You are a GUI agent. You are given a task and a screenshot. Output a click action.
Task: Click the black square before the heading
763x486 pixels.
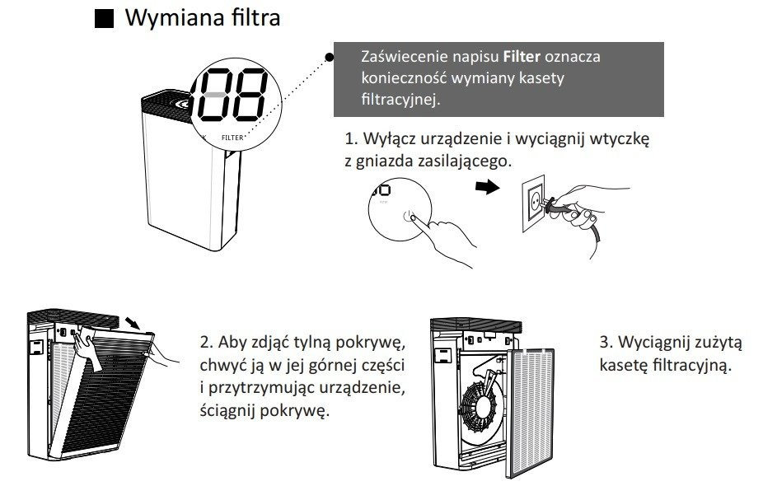click(103, 20)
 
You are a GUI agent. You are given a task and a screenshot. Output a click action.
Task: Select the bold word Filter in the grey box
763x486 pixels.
click(522, 58)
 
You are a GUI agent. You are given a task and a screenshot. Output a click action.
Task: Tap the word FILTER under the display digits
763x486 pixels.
click(232, 138)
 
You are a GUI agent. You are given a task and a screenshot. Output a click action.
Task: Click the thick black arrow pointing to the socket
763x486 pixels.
click(490, 188)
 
